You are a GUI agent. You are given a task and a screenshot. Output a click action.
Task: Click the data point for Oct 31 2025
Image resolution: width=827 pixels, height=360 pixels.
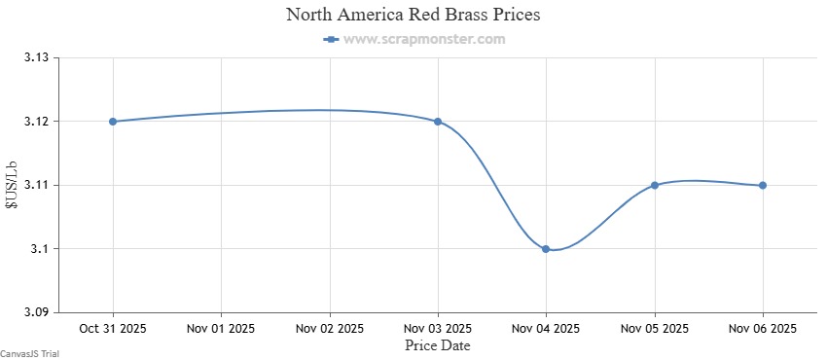(x=113, y=122)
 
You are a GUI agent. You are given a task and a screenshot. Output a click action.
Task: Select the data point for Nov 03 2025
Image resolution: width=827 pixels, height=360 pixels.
(x=438, y=122)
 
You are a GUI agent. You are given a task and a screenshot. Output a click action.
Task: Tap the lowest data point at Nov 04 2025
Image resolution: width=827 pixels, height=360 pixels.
(x=546, y=249)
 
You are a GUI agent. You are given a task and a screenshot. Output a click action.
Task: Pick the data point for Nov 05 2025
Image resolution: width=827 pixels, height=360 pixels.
(x=655, y=185)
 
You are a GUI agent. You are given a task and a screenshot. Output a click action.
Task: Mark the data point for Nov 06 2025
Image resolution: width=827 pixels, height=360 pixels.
(x=763, y=185)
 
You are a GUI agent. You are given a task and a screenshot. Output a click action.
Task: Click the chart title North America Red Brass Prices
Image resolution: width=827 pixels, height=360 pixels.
(x=413, y=16)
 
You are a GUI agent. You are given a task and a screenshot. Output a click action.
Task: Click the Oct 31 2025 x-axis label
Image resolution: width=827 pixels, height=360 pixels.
(x=113, y=328)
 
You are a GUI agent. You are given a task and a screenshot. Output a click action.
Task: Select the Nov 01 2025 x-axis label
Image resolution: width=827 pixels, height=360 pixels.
(x=221, y=328)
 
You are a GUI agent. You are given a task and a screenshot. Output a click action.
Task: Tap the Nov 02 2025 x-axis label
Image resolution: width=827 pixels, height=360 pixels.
(x=329, y=328)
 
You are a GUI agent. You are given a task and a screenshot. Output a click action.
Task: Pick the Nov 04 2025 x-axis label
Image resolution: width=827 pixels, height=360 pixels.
(x=546, y=328)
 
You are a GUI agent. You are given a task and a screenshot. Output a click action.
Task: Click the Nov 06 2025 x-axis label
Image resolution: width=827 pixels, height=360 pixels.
(x=763, y=328)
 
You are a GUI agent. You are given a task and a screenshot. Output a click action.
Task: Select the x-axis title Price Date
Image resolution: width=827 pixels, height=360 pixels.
(x=437, y=343)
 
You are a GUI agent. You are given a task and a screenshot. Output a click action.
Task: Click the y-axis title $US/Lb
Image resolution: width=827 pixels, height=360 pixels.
(x=12, y=185)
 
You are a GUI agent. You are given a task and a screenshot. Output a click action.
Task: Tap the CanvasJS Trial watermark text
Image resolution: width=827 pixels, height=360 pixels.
(x=29, y=354)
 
